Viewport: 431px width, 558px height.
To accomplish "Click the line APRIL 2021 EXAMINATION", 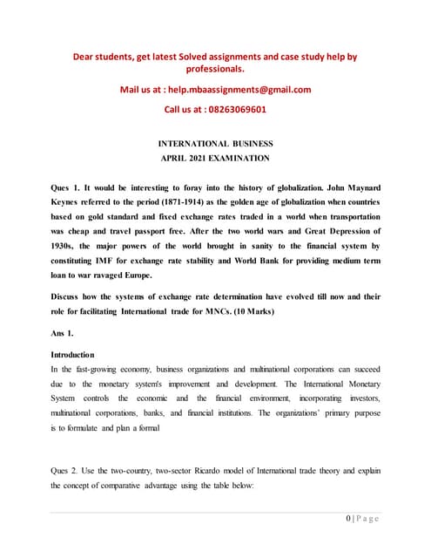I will [215, 158].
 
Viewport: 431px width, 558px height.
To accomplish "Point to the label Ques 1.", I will [65, 187].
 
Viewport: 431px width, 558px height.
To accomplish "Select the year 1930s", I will [64, 246].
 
